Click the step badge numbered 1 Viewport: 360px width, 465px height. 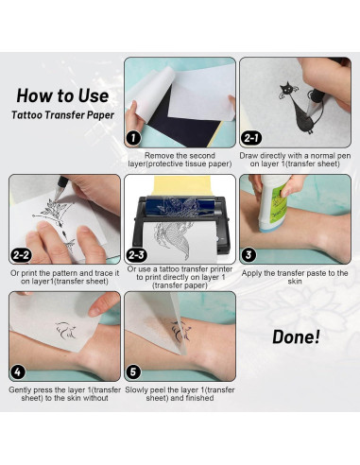[133, 138]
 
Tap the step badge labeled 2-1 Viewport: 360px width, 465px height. [251, 138]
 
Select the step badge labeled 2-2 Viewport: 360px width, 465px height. [21, 255]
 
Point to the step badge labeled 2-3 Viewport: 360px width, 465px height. [136, 255]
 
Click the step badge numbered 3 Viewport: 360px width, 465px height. [249, 255]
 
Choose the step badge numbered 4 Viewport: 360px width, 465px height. [18, 372]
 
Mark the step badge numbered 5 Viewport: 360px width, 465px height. [133, 372]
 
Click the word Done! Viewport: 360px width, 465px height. [296, 336]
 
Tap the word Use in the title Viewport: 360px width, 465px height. [94, 95]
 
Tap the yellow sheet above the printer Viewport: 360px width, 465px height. [182, 186]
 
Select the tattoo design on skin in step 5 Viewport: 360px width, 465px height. [180, 331]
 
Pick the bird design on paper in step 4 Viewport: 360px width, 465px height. [65, 330]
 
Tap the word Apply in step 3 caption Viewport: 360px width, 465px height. [252, 273]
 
